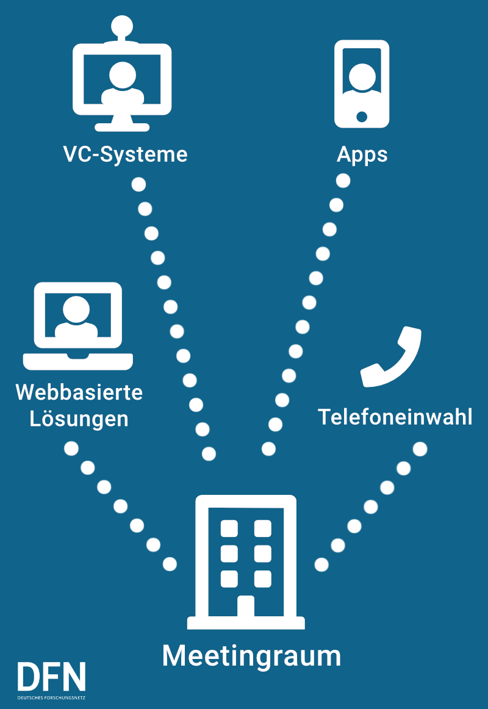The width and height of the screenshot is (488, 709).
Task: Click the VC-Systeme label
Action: pos(125,154)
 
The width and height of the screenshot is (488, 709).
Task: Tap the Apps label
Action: pos(362,154)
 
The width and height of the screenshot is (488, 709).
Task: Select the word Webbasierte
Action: pos(79,392)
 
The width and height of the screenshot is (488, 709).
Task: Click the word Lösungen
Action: pos(79,419)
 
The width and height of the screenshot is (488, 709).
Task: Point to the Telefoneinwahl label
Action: pos(395,417)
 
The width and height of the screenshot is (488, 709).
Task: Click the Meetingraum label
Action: pos(251,656)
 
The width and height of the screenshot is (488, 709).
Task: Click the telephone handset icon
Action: pos(391,358)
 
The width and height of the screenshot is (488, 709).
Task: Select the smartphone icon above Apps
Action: pos(362,84)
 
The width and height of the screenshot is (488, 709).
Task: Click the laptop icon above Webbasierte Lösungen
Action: pos(77,325)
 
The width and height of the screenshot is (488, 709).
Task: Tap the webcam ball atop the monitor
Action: pos(122,26)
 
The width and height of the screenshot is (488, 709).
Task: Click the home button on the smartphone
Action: pos(362,116)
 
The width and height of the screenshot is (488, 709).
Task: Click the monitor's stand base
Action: pos(122,127)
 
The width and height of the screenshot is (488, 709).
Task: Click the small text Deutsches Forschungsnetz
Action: pos(52,697)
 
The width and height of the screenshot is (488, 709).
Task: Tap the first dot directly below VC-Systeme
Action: pos(138,184)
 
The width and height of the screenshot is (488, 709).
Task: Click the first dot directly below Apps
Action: pos(343,181)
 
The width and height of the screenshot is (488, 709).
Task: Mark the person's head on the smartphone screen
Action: pos(362,74)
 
